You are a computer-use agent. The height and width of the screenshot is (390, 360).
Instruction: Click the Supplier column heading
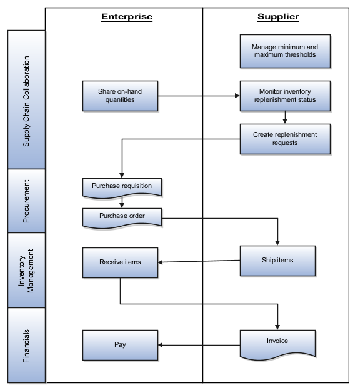coord(277,17)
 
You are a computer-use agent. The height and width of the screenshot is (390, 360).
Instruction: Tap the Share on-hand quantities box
coord(120,96)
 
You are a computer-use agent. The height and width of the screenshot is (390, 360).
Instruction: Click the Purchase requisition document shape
coord(122,186)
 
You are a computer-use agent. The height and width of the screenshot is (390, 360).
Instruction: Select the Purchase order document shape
coord(122,216)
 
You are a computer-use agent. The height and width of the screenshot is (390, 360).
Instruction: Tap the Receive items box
coord(120,262)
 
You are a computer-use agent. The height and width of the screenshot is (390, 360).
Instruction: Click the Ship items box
coord(277,261)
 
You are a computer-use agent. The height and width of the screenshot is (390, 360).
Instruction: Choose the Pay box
coord(120,344)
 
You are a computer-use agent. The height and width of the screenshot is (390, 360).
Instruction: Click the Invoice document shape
coord(277,342)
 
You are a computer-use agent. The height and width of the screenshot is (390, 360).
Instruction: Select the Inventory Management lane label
coord(26,270)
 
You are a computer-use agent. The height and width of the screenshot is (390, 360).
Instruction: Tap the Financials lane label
coord(26,345)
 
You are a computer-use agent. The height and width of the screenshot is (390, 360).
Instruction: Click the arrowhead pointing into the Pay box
coord(161,344)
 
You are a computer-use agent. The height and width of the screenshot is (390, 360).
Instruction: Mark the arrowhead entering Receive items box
coord(161,262)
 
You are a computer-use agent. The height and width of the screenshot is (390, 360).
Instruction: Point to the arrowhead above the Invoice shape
coord(277,326)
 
